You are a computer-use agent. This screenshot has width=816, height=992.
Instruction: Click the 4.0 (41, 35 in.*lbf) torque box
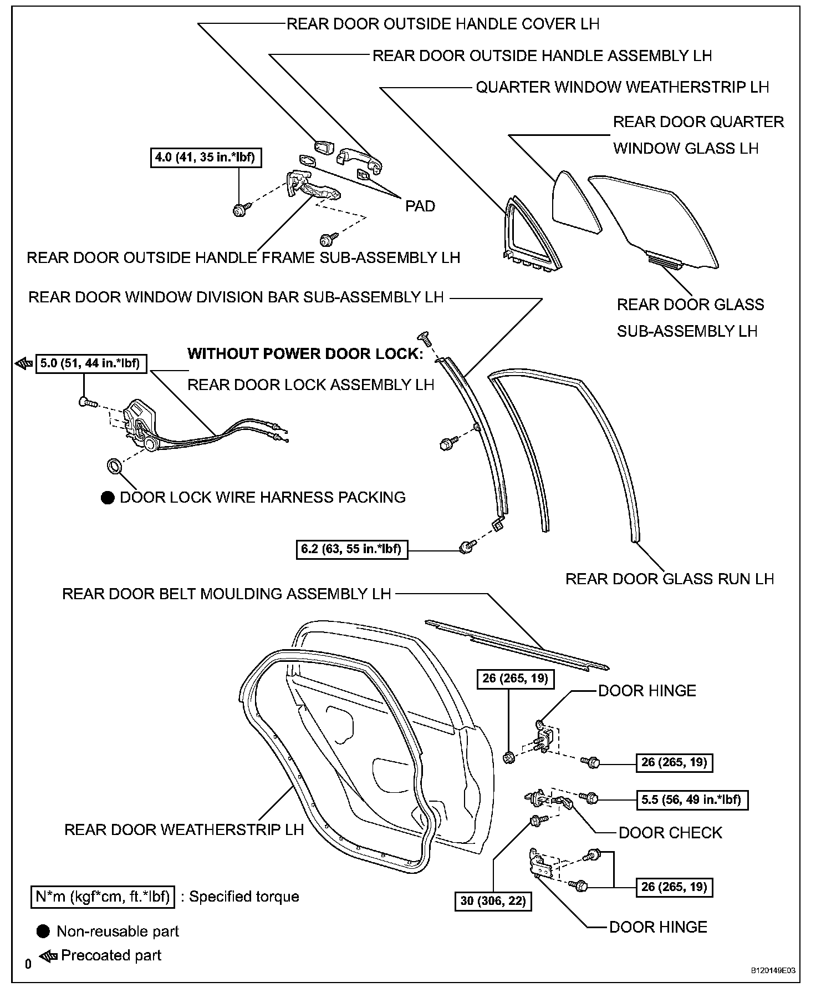click(205, 157)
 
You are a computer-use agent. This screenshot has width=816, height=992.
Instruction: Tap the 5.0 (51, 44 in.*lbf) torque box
click(91, 364)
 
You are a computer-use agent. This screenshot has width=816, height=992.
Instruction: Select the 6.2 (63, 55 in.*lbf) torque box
click(352, 549)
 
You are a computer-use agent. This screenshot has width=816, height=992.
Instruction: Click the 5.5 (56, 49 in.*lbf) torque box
click(691, 799)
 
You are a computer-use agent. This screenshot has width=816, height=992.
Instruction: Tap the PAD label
click(420, 206)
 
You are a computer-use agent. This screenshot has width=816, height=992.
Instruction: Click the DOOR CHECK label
click(670, 832)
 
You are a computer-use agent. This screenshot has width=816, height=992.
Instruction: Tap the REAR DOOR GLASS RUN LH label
click(669, 579)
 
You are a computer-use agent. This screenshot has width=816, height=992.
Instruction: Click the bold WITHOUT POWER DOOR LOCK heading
click(305, 354)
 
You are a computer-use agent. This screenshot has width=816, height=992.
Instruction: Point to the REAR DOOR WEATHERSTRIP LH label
click(184, 829)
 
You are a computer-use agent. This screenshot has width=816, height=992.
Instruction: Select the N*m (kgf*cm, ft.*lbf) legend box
click(103, 897)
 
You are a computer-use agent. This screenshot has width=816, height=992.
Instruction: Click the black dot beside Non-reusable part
click(43, 932)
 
